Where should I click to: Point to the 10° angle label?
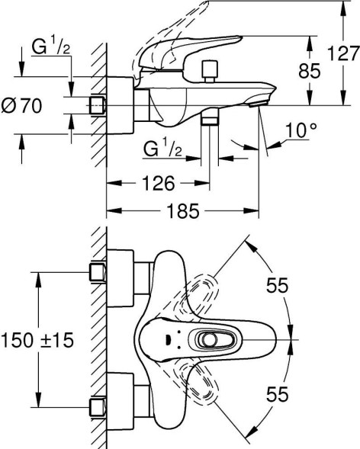pos(302,130)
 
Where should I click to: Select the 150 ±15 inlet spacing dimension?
pos(44,340)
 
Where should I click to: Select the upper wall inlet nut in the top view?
pos(96,272)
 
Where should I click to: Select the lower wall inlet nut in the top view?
pos(96,406)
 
